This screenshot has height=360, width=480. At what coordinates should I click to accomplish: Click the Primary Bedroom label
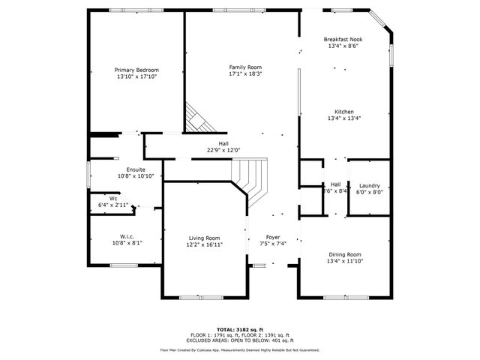point(137,70)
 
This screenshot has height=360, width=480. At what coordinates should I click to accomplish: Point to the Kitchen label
point(344,112)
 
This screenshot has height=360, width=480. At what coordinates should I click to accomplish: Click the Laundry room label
point(369,185)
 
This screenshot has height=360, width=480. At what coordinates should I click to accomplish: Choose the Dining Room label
point(344,254)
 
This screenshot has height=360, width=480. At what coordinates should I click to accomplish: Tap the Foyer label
point(273,237)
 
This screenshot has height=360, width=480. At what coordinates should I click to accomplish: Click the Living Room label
point(203,237)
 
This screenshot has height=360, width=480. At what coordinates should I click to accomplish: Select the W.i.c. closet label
point(127,236)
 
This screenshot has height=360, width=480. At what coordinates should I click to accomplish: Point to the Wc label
point(113,199)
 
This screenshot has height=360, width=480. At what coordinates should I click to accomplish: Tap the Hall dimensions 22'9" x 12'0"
point(223,151)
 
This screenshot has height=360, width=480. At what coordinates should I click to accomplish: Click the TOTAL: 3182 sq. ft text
point(239,329)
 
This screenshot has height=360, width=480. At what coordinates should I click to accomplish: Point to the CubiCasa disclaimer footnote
point(239,349)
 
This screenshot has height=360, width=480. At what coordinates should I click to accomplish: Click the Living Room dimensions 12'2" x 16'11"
point(203,244)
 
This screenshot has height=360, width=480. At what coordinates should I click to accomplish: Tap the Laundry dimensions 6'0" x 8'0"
point(369,192)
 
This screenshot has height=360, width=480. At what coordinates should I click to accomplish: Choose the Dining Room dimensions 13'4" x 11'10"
point(344,262)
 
